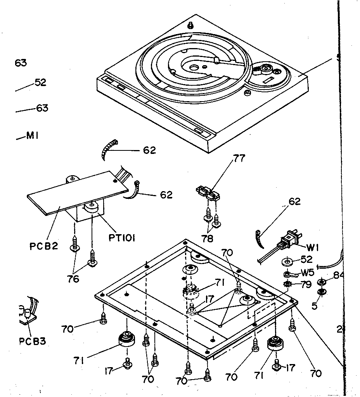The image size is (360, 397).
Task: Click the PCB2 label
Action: pyautogui.click(x=44, y=246)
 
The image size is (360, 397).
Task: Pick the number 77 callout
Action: pyautogui.click(x=239, y=158)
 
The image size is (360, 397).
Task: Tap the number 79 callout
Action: pyautogui.click(x=306, y=285)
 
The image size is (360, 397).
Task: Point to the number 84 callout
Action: pyautogui.click(x=338, y=275)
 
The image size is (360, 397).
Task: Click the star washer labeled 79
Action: pyautogui.click(x=288, y=285)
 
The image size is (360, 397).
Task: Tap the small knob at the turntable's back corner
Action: pyautogui.click(x=190, y=26)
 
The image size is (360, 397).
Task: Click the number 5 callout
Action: pyautogui.click(x=315, y=306)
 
